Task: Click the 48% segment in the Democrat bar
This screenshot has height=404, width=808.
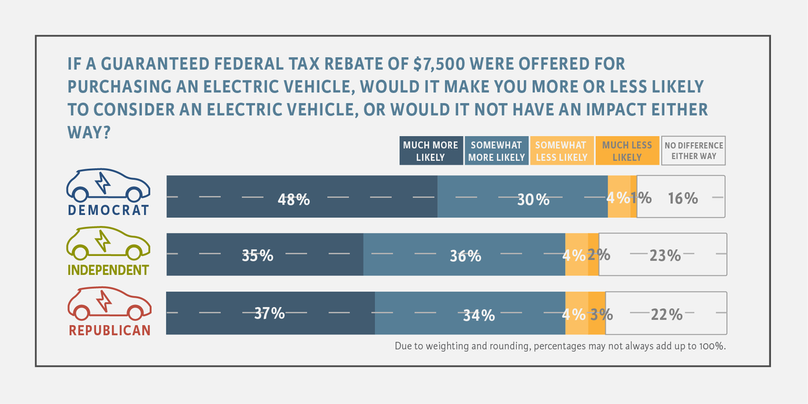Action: (x=302, y=197)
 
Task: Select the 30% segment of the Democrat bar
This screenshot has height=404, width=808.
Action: (x=523, y=197)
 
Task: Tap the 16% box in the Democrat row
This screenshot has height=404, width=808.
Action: (x=681, y=197)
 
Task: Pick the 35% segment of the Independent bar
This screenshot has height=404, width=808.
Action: (x=265, y=255)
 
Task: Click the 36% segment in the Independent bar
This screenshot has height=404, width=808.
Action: (x=464, y=255)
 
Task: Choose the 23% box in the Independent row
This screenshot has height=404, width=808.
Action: (x=663, y=255)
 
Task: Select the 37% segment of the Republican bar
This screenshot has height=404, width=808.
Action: (x=271, y=313)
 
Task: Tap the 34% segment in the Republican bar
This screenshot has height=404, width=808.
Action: (x=470, y=313)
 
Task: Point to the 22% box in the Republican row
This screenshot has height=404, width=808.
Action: (x=666, y=313)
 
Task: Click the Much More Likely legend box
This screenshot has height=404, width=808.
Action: (x=431, y=151)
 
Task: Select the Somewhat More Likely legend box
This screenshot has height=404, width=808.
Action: (x=497, y=151)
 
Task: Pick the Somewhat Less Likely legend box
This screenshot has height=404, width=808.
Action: (x=562, y=151)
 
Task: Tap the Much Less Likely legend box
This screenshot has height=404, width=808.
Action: (x=628, y=151)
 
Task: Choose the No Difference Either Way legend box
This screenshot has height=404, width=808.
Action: (x=694, y=151)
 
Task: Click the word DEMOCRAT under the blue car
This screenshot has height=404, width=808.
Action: (x=108, y=210)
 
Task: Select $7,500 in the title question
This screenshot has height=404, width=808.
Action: (x=439, y=64)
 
